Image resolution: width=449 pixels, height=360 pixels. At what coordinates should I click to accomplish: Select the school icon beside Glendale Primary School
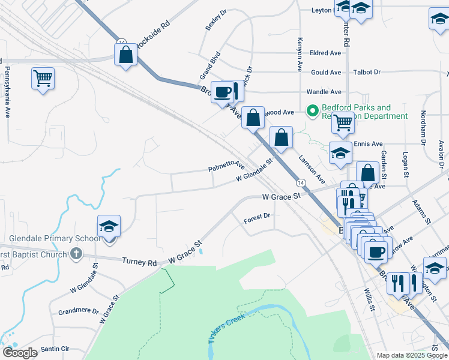point(109,227)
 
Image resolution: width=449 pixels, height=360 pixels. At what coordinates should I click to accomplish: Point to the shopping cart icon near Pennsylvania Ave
point(43,78)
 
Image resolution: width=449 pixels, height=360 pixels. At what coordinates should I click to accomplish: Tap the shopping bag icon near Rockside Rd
point(126,55)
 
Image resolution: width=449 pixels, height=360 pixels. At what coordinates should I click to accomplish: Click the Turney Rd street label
point(139,262)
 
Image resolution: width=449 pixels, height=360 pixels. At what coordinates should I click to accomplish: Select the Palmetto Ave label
point(226,166)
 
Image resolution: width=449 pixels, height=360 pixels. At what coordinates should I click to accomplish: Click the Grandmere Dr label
point(78,311)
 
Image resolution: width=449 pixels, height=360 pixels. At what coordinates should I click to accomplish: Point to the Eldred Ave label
point(325,53)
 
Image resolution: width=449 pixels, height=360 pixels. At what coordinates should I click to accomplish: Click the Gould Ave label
point(326,73)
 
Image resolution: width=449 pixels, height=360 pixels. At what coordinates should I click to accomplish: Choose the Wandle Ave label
point(324,92)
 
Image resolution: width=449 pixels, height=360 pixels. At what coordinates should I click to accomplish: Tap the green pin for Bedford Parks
point(312,110)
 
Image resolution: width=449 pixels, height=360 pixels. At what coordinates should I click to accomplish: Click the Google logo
point(20,353)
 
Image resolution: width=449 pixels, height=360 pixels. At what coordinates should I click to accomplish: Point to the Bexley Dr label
point(216,20)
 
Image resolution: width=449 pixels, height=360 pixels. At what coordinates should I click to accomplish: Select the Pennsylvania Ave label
point(8,86)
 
